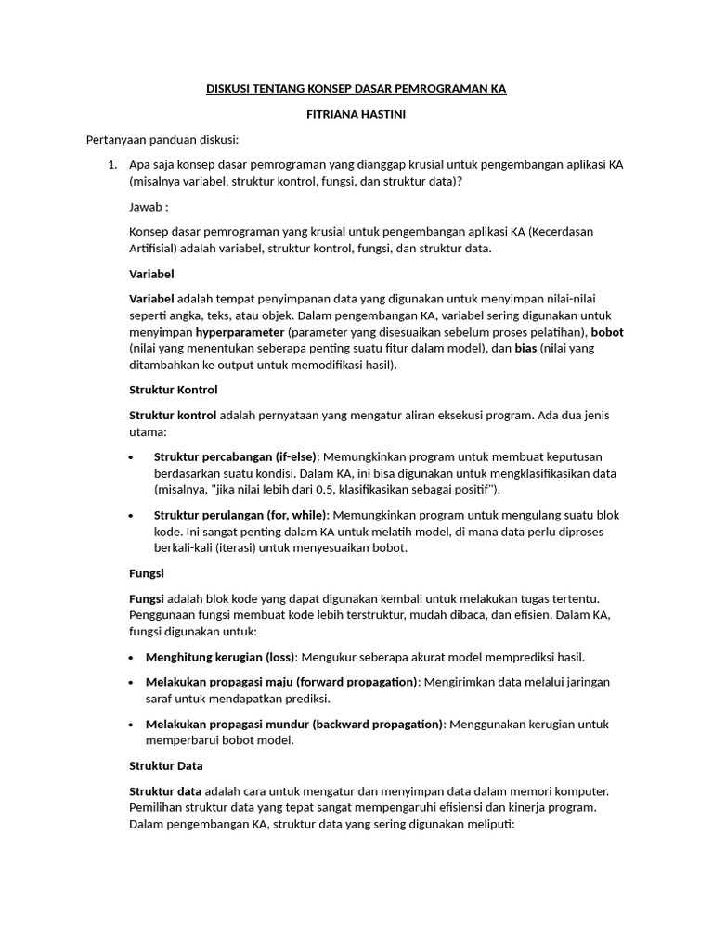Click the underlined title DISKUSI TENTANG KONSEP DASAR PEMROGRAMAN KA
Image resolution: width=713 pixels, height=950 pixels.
(x=356, y=89)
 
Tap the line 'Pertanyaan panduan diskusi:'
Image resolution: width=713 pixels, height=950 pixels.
(x=162, y=140)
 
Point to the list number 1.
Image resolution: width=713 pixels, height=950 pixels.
(x=111, y=165)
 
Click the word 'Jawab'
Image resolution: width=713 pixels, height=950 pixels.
(x=145, y=207)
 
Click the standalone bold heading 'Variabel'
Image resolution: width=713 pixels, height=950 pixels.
(x=151, y=274)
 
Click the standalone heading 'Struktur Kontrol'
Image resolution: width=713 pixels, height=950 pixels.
(x=173, y=390)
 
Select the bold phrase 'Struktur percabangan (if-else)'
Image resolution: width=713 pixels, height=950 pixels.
(x=235, y=456)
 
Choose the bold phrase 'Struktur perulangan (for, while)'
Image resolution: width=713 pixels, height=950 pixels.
(x=240, y=515)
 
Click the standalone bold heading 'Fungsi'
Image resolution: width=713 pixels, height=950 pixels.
(x=146, y=573)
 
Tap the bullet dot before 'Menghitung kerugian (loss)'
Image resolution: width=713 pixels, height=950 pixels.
(x=132, y=658)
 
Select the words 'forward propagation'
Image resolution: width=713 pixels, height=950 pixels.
(x=362, y=682)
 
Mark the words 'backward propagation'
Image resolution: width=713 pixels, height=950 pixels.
(x=367, y=724)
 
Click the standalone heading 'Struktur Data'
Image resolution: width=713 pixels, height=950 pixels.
(x=165, y=765)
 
